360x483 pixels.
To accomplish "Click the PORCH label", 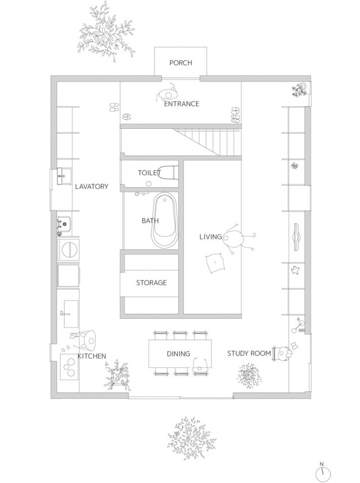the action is coord(181,63).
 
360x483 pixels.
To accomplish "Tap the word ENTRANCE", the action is coord(182,104).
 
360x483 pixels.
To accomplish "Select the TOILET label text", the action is coord(150,173).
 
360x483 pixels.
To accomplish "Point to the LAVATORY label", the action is coord(92,186).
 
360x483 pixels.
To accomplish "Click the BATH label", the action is coord(150,220).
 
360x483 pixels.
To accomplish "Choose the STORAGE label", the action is coord(151,282).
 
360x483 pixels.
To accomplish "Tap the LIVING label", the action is coord(210,237).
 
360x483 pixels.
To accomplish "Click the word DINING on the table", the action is coord(178,354).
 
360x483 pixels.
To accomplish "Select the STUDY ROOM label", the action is coord(249,353).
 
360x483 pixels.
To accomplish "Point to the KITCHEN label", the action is coord(92,356).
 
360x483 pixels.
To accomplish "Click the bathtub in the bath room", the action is coord(165,220).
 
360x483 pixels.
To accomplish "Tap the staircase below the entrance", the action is coord(206,142).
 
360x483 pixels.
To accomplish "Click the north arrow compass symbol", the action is coord(323,473).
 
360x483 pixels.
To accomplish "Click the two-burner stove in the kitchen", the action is coord(69,367).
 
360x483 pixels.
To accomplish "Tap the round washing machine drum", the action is coord(69,249).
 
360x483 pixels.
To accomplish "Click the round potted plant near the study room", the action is coord(249,376).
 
